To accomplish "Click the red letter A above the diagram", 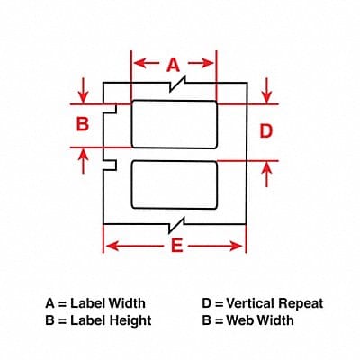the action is click(x=174, y=66).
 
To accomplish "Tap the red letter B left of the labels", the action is click(x=83, y=124).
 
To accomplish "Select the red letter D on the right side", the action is click(x=265, y=131).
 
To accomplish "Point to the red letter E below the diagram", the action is click(x=176, y=247).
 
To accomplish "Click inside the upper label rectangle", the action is click(x=174, y=124).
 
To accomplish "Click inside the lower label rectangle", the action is click(x=174, y=184).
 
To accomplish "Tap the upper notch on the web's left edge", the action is click(x=110, y=108).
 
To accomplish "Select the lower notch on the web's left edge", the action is click(x=110, y=165).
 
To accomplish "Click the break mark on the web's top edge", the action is click(x=177, y=84).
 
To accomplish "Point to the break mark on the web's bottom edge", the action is click(x=176, y=225).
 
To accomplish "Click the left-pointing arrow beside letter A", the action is click(x=147, y=63).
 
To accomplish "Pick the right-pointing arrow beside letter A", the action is click(x=201, y=63).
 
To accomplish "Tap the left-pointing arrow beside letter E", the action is click(x=135, y=247).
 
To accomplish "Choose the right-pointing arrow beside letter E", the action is click(x=215, y=247).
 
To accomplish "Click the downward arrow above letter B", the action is click(x=83, y=90).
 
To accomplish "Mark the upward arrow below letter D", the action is click(x=266, y=175).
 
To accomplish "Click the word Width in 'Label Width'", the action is click(x=127, y=303).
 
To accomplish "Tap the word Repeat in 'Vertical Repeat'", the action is click(x=301, y=303).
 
